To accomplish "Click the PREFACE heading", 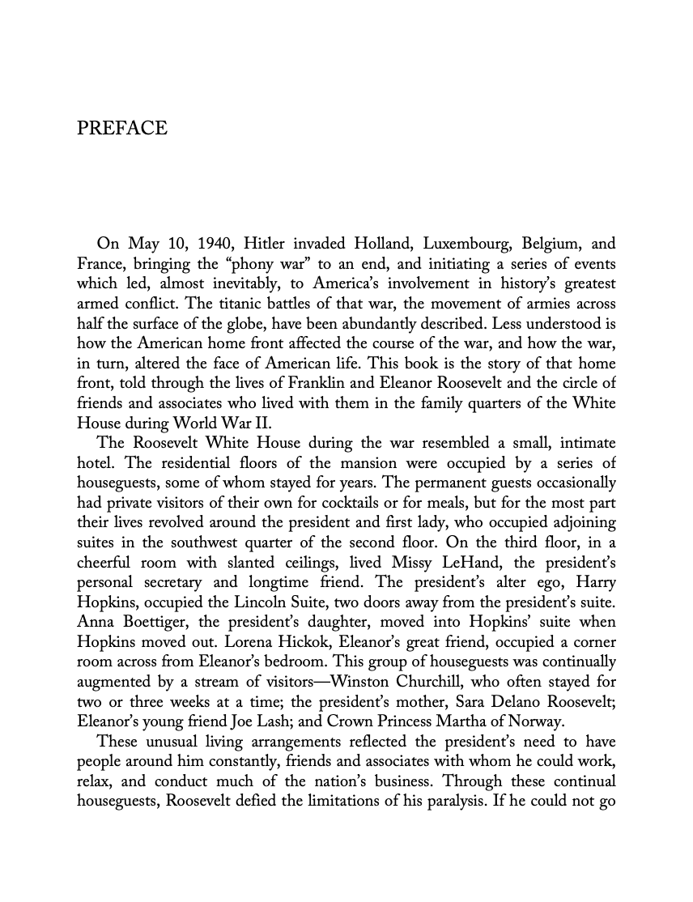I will [x=121, y=129].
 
